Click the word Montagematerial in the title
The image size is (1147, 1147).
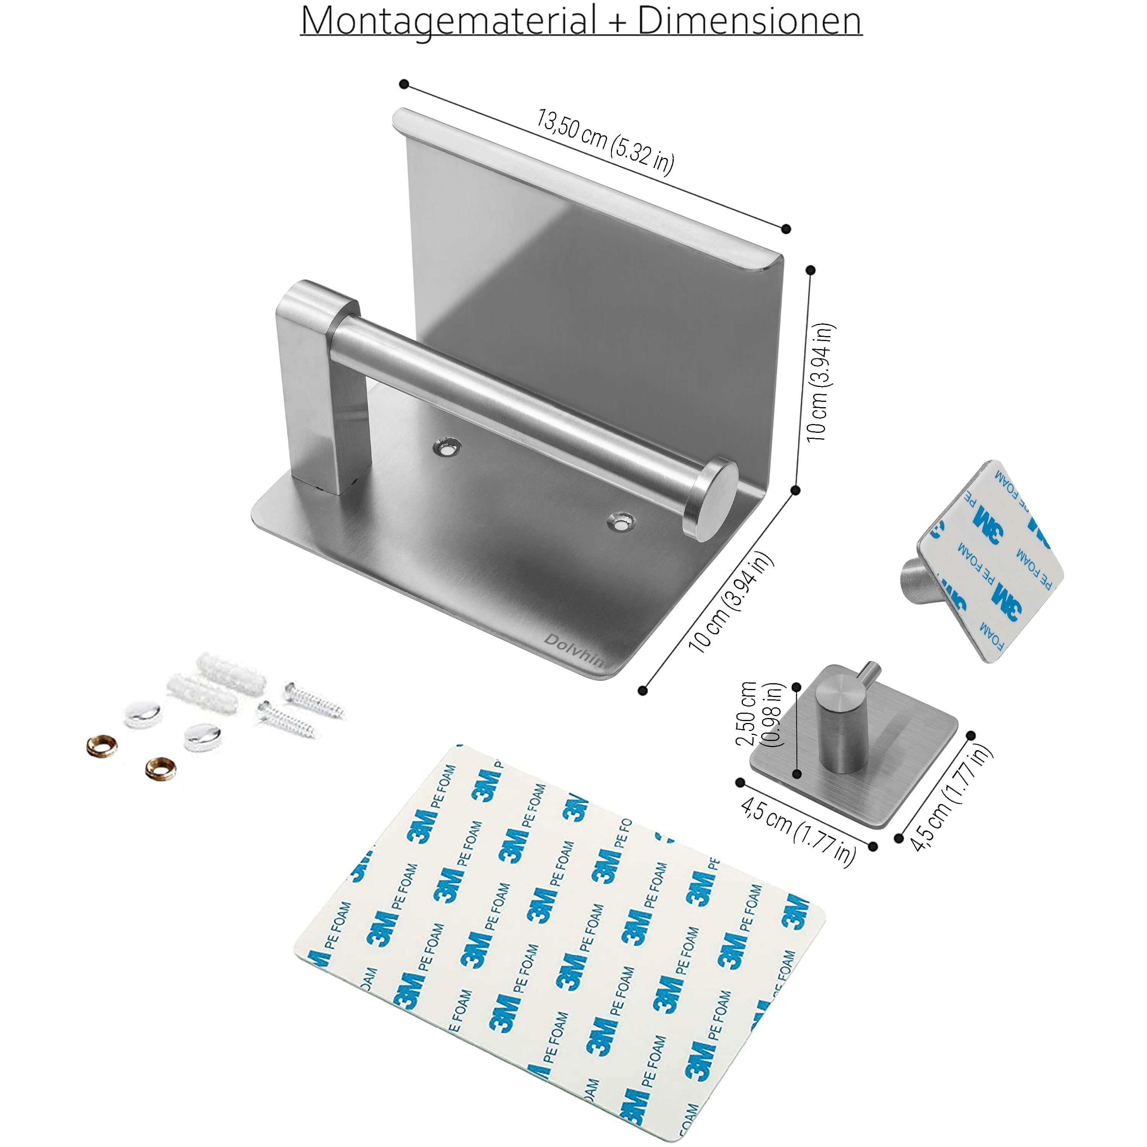(448, 21)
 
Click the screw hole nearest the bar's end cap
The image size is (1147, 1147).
(621, 522)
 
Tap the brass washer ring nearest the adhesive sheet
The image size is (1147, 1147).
(161, 769)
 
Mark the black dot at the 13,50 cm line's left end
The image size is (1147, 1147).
(404, 84)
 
